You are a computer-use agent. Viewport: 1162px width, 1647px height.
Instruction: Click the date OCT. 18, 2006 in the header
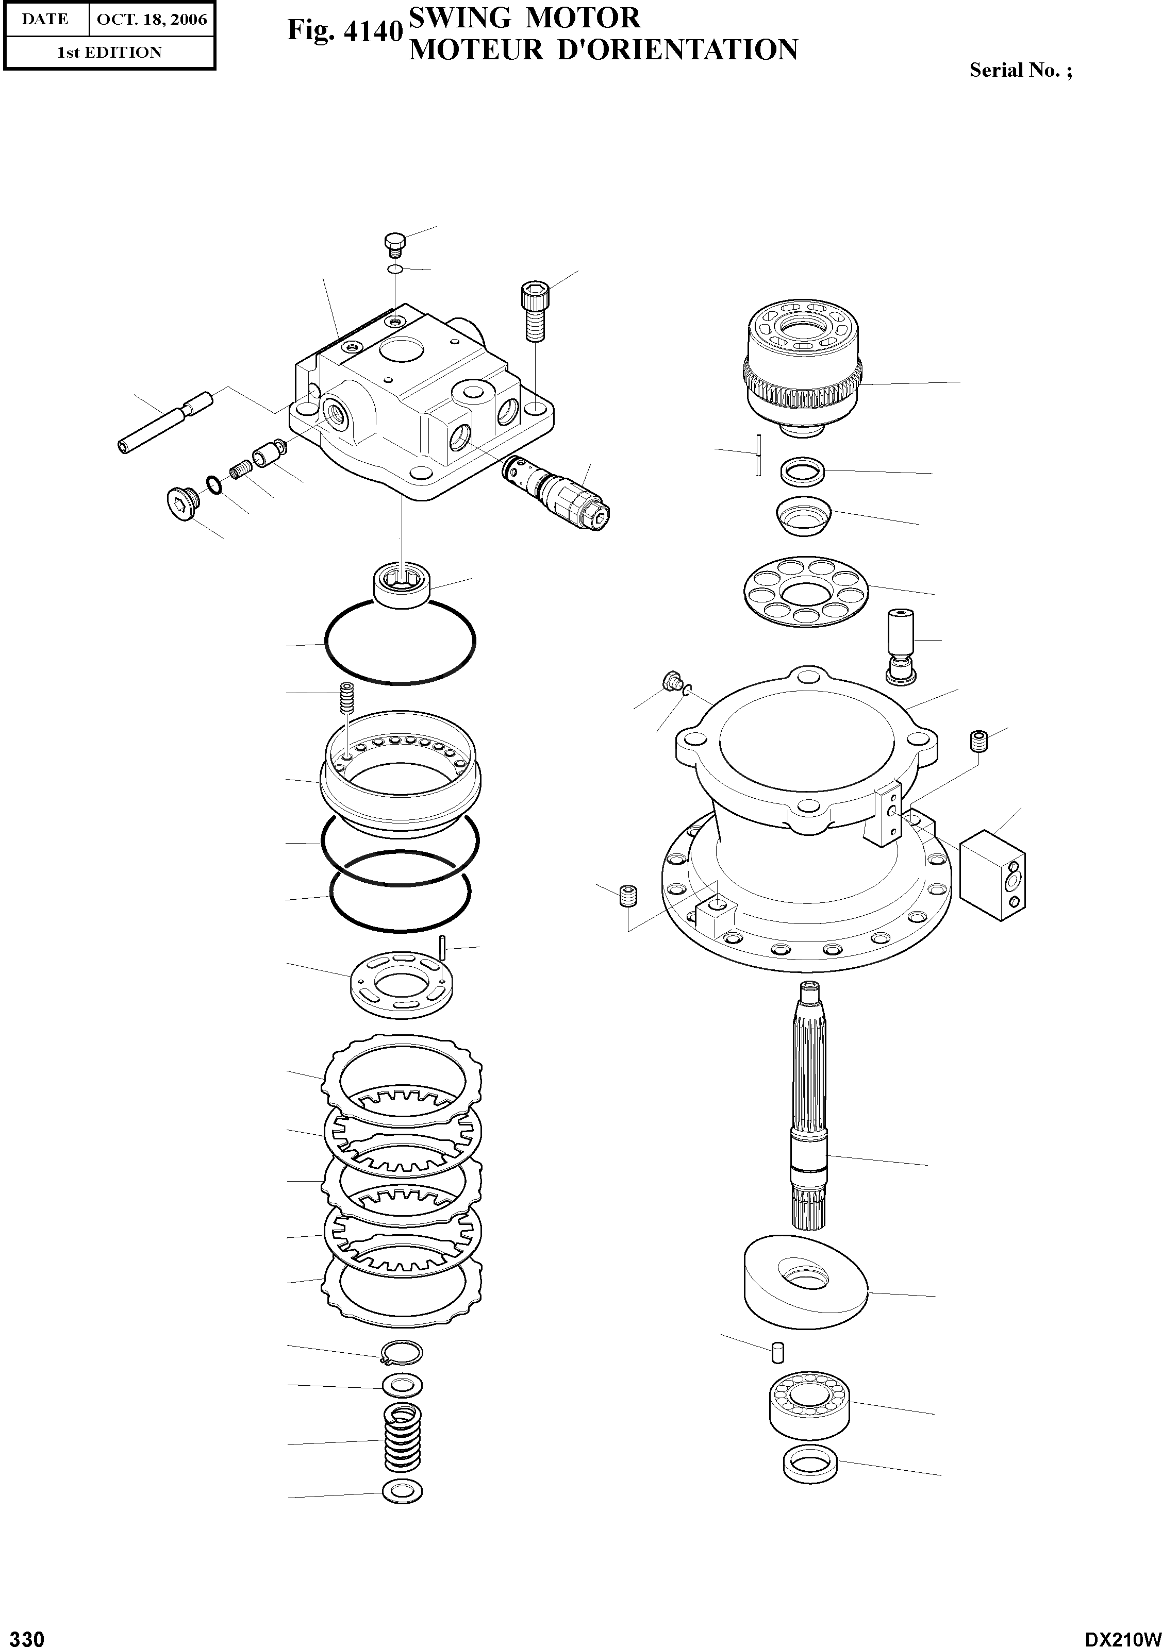point(152,20)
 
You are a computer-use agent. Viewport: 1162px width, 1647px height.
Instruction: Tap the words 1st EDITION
point(109,53)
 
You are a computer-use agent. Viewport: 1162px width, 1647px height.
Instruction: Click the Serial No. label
point(1020,70)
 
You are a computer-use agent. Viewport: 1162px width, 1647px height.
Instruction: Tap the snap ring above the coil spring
point(402,1353)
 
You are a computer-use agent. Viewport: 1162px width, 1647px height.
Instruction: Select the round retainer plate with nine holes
point(805,590)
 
